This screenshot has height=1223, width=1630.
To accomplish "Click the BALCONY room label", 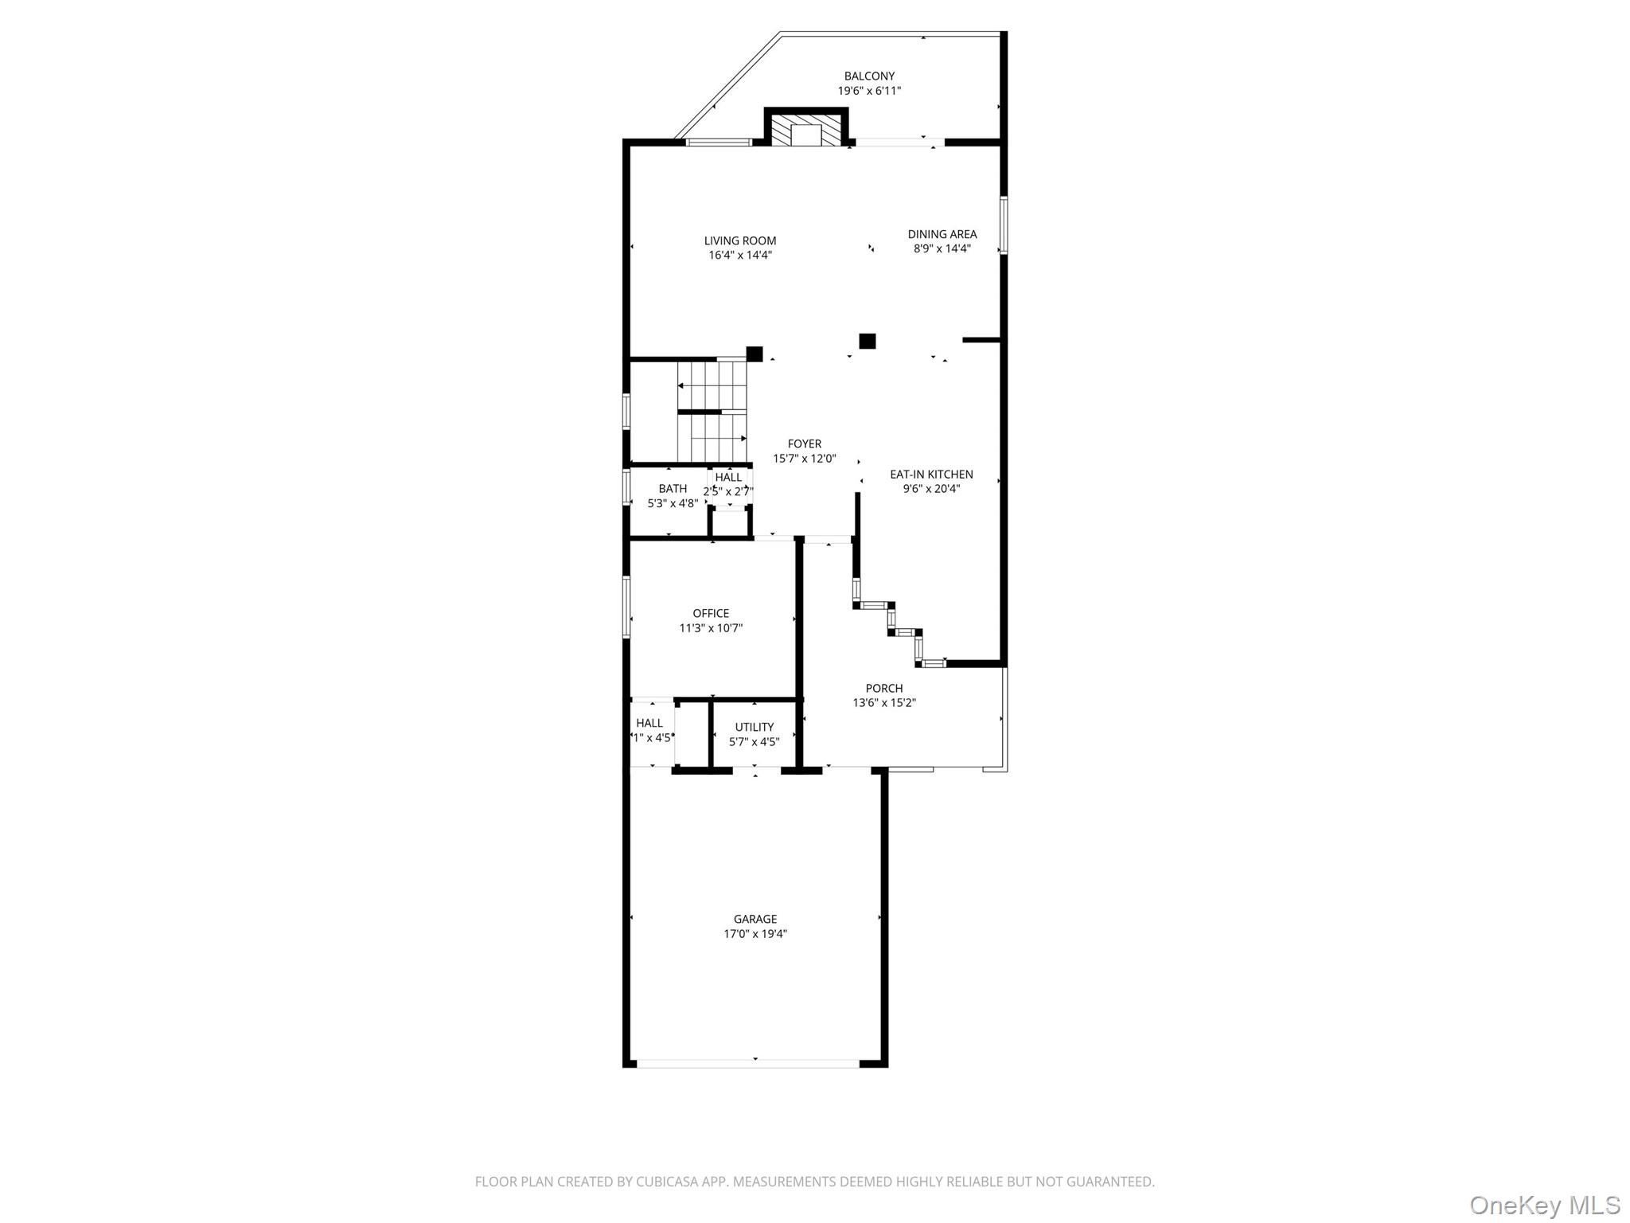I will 869,76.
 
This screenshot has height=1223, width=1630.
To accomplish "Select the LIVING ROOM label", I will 739,240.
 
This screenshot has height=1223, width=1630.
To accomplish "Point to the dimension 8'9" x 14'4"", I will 942,248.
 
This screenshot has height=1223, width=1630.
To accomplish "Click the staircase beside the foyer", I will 712,411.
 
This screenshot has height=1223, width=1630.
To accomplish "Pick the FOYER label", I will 804,444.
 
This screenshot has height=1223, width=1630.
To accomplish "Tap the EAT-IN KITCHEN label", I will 931,475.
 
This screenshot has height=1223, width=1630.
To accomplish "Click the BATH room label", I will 673,489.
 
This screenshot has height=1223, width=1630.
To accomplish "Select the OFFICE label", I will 710,613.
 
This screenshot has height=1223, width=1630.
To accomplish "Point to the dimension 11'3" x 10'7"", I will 710,628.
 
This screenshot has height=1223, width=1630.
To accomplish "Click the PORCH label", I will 883,688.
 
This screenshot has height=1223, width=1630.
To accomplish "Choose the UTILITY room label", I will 754,727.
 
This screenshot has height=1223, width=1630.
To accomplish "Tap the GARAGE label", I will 755,919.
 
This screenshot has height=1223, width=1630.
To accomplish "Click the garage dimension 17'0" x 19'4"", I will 755,934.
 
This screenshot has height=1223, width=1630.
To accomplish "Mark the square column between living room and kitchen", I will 867,341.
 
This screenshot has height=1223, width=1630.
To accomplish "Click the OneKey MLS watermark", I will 1544,1205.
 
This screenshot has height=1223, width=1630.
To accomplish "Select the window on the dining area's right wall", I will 1004,225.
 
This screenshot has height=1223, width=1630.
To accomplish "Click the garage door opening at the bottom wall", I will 748,1062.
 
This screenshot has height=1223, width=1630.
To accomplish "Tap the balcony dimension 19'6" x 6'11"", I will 869,91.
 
